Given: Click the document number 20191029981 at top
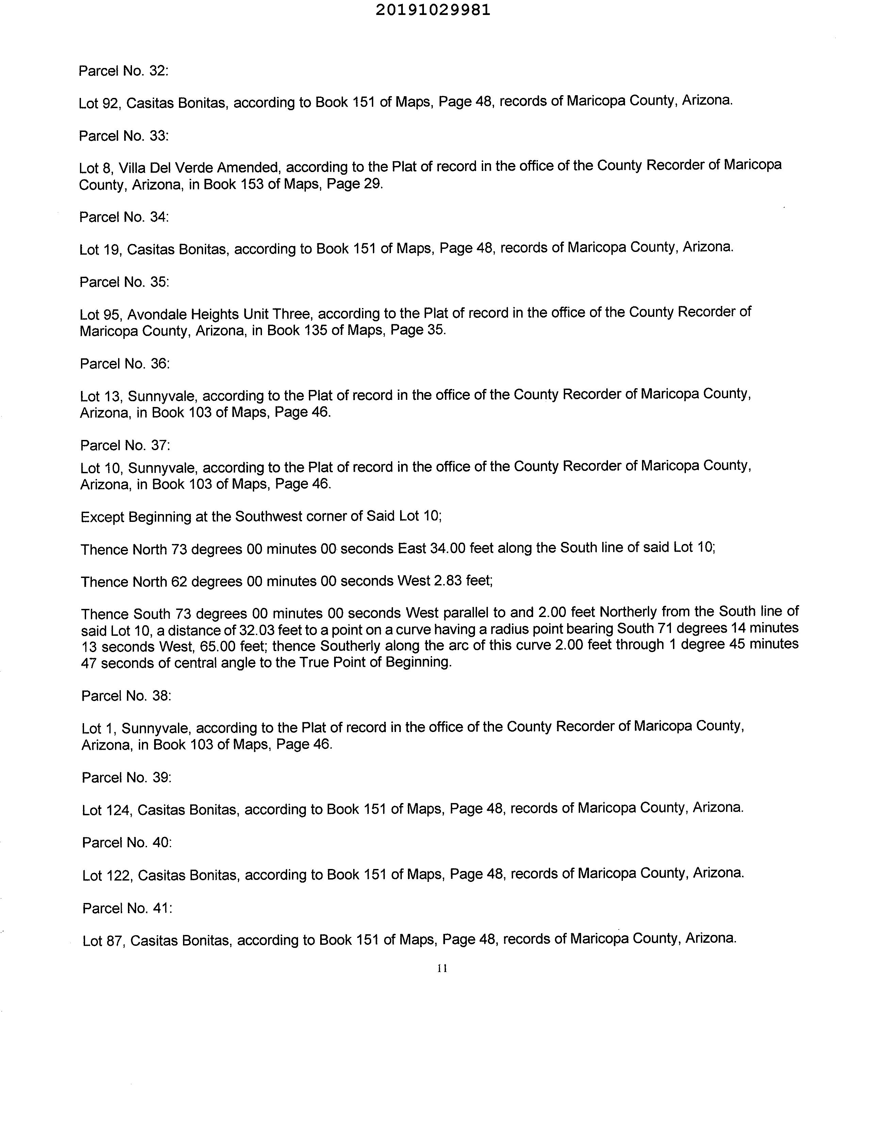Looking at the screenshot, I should pos(432,10).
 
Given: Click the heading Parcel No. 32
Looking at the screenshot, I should pos(123,71).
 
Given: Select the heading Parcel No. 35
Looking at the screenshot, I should pos(124,282).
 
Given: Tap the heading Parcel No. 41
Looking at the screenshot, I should pos(127,908).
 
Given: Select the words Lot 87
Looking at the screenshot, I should pos(104,941).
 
